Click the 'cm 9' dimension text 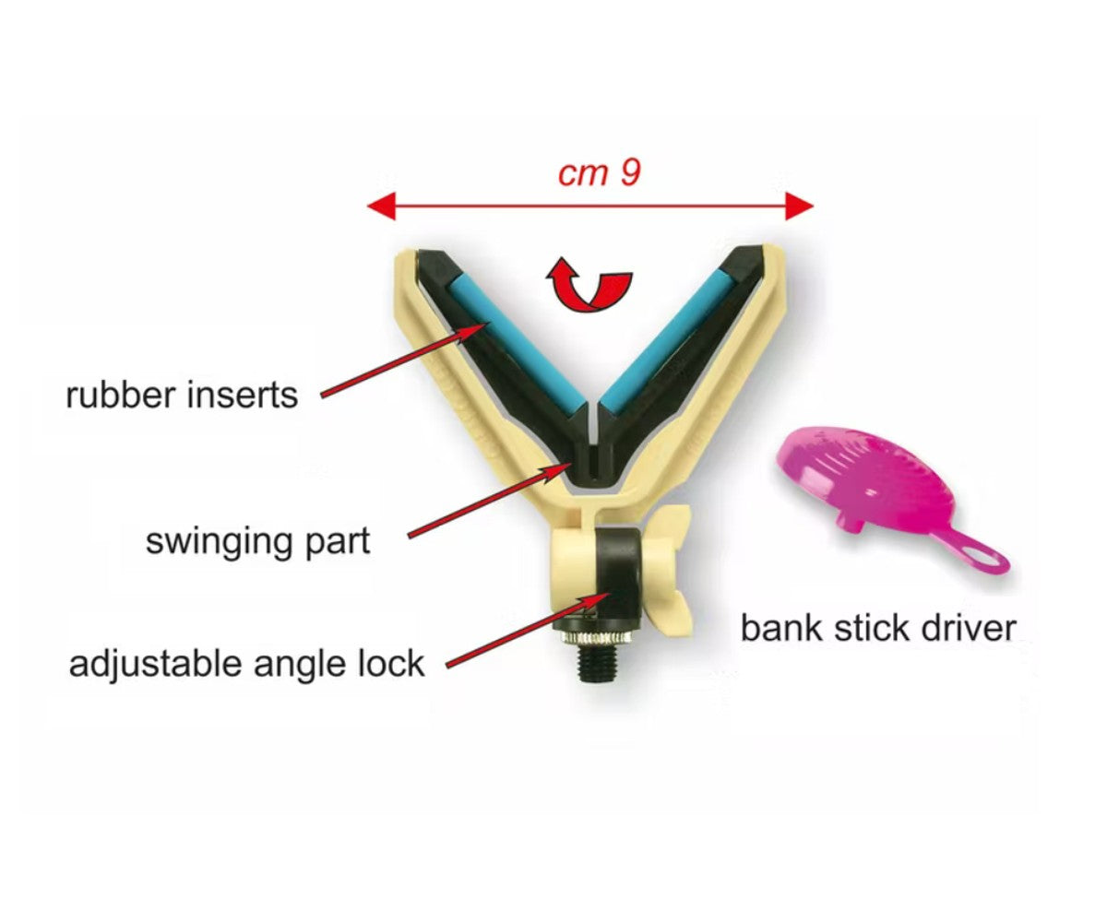(x=599, y=173)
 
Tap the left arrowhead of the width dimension (x=381, y=207)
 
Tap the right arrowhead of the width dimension (x=799, y=207)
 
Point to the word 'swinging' (x=219, y=543)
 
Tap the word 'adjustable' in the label (x=157, y=665)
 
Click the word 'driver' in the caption (x=969, y=628)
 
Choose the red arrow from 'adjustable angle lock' (x=529, y=630)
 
